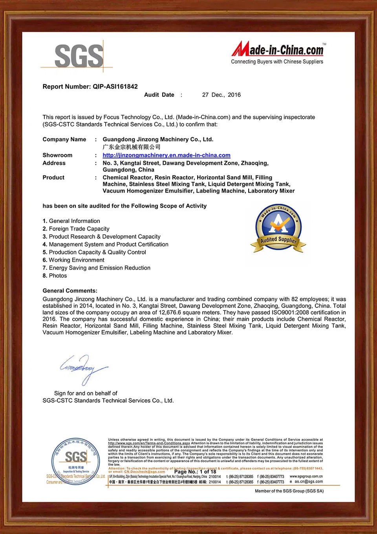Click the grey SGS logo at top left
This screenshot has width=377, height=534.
[79, 56]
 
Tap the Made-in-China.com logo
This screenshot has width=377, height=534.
[278, 50]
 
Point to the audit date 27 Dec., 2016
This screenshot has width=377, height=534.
[221, 95]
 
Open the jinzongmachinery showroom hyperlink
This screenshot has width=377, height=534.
[167, 155]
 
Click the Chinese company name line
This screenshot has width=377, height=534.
[132, 147]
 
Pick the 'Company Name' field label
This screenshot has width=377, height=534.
[64, 140]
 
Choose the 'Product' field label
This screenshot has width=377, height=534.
[53, 178]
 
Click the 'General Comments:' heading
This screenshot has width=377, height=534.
[70, 291]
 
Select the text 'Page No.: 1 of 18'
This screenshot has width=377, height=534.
[195, 472]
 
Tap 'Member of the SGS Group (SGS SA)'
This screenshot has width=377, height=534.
[289, 491]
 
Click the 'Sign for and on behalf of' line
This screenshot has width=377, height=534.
[86, 393]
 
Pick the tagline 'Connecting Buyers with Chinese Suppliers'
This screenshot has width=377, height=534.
[277, 62]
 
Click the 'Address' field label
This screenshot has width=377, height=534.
[54, 163]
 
